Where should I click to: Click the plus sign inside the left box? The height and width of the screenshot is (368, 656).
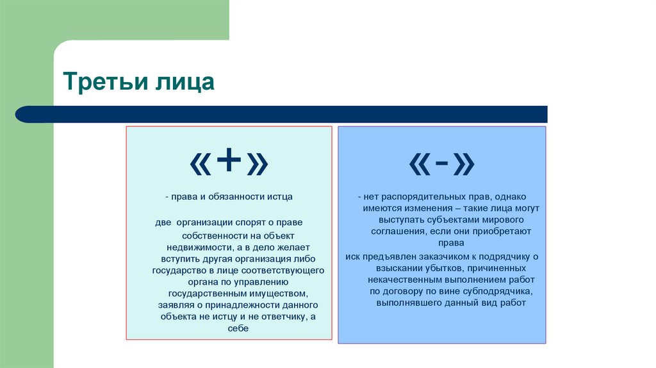pos(228,165)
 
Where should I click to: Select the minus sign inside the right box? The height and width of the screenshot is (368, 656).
pos(441,165)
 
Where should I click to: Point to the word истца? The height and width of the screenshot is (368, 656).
pos(279,197)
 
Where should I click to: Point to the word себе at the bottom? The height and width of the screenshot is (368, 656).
pos(238,328)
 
